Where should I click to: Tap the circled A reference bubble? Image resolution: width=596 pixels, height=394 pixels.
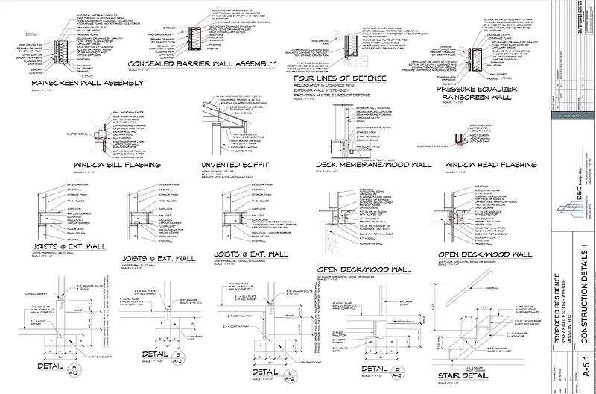(x=74, y=366)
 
